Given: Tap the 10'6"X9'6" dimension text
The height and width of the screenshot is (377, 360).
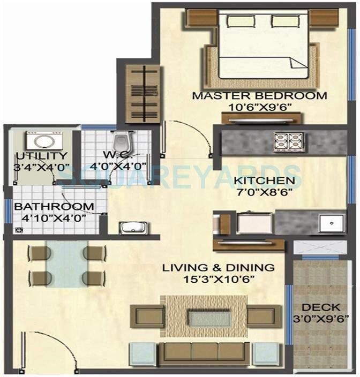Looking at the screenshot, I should [259, 107].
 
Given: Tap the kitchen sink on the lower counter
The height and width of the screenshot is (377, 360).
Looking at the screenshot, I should [331, 221].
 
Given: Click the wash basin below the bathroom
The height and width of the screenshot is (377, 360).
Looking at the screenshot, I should [130, 228].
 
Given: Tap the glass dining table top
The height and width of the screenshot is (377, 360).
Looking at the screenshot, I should [64, 265].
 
